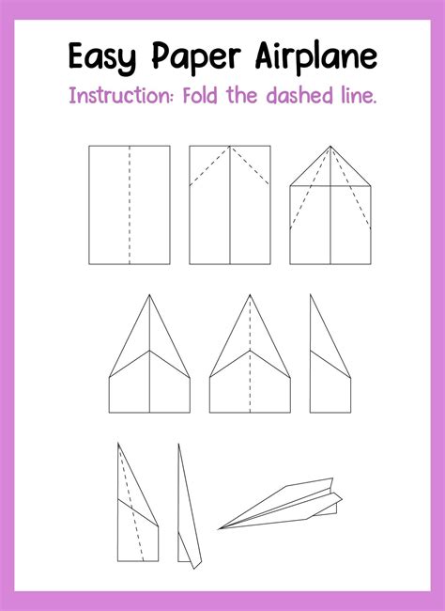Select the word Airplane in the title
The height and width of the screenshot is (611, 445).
tap(316, 55)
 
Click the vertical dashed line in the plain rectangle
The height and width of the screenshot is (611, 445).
tap(130, 205)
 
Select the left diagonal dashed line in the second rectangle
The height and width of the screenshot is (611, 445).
tap(209, 166)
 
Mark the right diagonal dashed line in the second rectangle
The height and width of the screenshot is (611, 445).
tap(251, 166)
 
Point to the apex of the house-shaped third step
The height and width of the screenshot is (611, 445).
tap(330, 147)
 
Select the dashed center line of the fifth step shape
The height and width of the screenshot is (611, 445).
tap(250, 357)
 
